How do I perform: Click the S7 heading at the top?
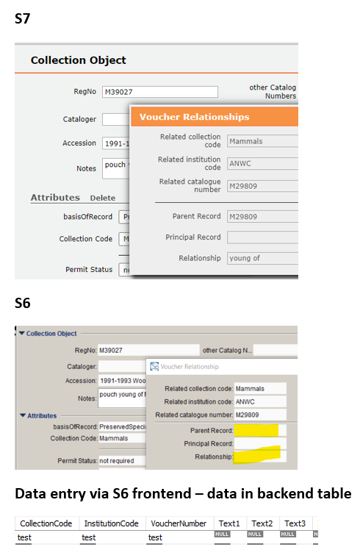click(24, 20)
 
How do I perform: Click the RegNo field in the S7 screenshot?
click(160, 92)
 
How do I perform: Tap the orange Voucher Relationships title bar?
click(213, 117)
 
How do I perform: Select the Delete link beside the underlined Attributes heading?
click(102, 198)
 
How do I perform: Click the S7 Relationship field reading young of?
click(262, 258)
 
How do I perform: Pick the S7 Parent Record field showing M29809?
click(262, 217)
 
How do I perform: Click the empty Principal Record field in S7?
click(262, 237)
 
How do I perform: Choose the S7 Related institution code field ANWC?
click(262, 163)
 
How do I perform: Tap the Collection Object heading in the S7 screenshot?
click(79, 60)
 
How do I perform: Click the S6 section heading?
click(23, 303)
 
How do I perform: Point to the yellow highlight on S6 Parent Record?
click(256, 429)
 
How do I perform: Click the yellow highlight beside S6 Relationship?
click(258, 454)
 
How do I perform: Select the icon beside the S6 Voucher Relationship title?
click(154, 366)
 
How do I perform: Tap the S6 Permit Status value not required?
click(121, 460)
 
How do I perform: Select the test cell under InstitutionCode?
click(89, 537)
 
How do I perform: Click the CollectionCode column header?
click(46, 523)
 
